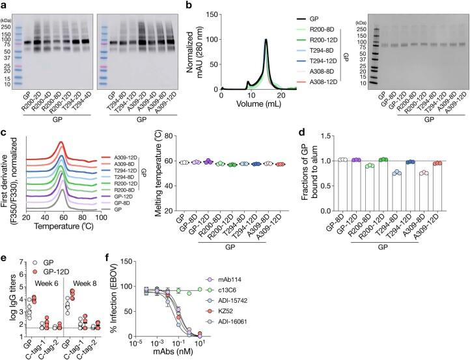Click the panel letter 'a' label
click(x=4, y=5)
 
